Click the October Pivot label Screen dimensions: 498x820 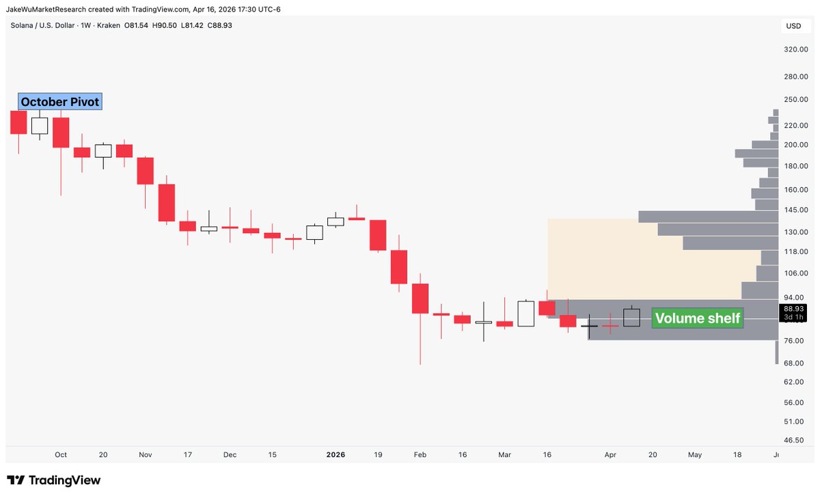coord(60,102)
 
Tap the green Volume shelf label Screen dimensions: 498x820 coord(697,318)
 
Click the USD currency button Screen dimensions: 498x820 coord(793,27)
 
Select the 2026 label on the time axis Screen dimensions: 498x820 coord(336,454)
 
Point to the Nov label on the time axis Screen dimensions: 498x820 coord(145,454)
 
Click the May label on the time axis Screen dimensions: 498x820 coord(694,454)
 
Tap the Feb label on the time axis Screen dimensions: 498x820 coord(420,454)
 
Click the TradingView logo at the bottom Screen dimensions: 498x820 coord(54,480)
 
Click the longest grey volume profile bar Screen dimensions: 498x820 coord(709,217)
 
